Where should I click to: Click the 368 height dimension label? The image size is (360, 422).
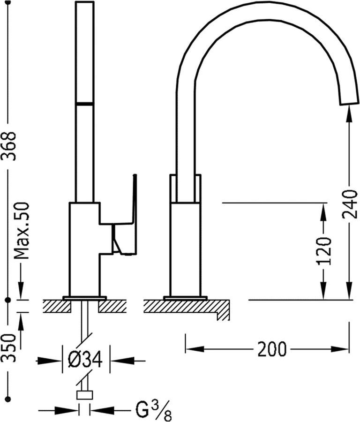(9, 146)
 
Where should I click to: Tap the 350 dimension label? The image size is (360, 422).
(9, 348)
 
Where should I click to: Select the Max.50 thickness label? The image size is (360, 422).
(22, 230)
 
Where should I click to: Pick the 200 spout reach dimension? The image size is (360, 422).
(272, 349)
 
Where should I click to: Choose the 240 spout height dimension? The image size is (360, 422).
(350, 204)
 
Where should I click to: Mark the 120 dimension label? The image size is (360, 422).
(324, 251)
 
